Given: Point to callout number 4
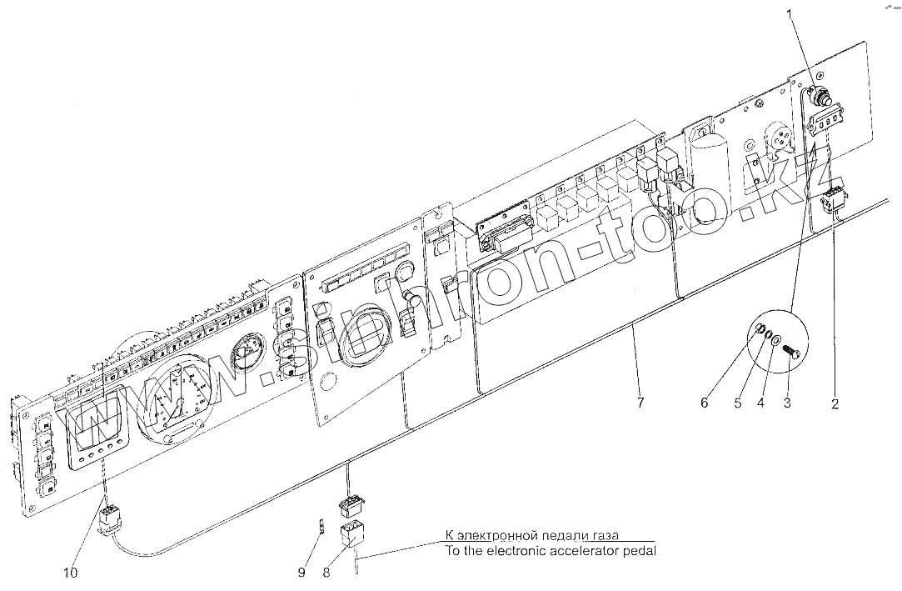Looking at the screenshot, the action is tap(760, 405).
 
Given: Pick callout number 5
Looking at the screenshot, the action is tap(736, 405).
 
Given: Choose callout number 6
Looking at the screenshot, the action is tap(704, 405).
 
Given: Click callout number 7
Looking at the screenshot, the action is tap(640, 405).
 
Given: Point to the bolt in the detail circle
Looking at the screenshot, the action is tap(791, 354).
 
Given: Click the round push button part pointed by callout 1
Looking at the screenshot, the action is tap(822, 98).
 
